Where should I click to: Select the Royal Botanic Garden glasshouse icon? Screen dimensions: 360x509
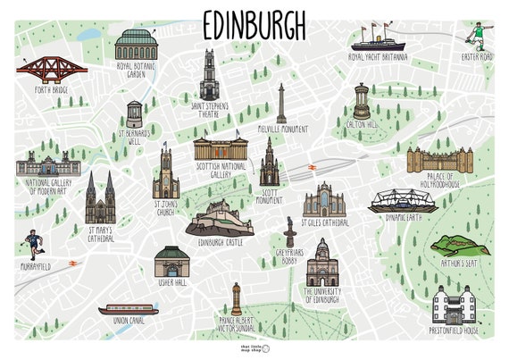tap(136, 45)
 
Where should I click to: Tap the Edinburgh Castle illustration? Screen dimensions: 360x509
tap(219, 216)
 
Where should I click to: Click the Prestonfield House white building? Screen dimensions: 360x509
tap(450, 305)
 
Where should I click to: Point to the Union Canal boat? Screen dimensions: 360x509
tap(127, 310)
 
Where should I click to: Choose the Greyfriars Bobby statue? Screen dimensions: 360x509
tap(289, 232)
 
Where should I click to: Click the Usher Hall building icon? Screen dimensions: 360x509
tap(171, 262)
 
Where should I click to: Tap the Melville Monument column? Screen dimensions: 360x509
tap(281, 104)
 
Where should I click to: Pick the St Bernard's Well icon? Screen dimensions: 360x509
tap(135, 113)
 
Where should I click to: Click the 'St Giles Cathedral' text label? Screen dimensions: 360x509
tap(324, 222)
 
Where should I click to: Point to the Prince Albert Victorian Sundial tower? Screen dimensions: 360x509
tap(236, 298)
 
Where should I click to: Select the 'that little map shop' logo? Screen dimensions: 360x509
tap(254, 347)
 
